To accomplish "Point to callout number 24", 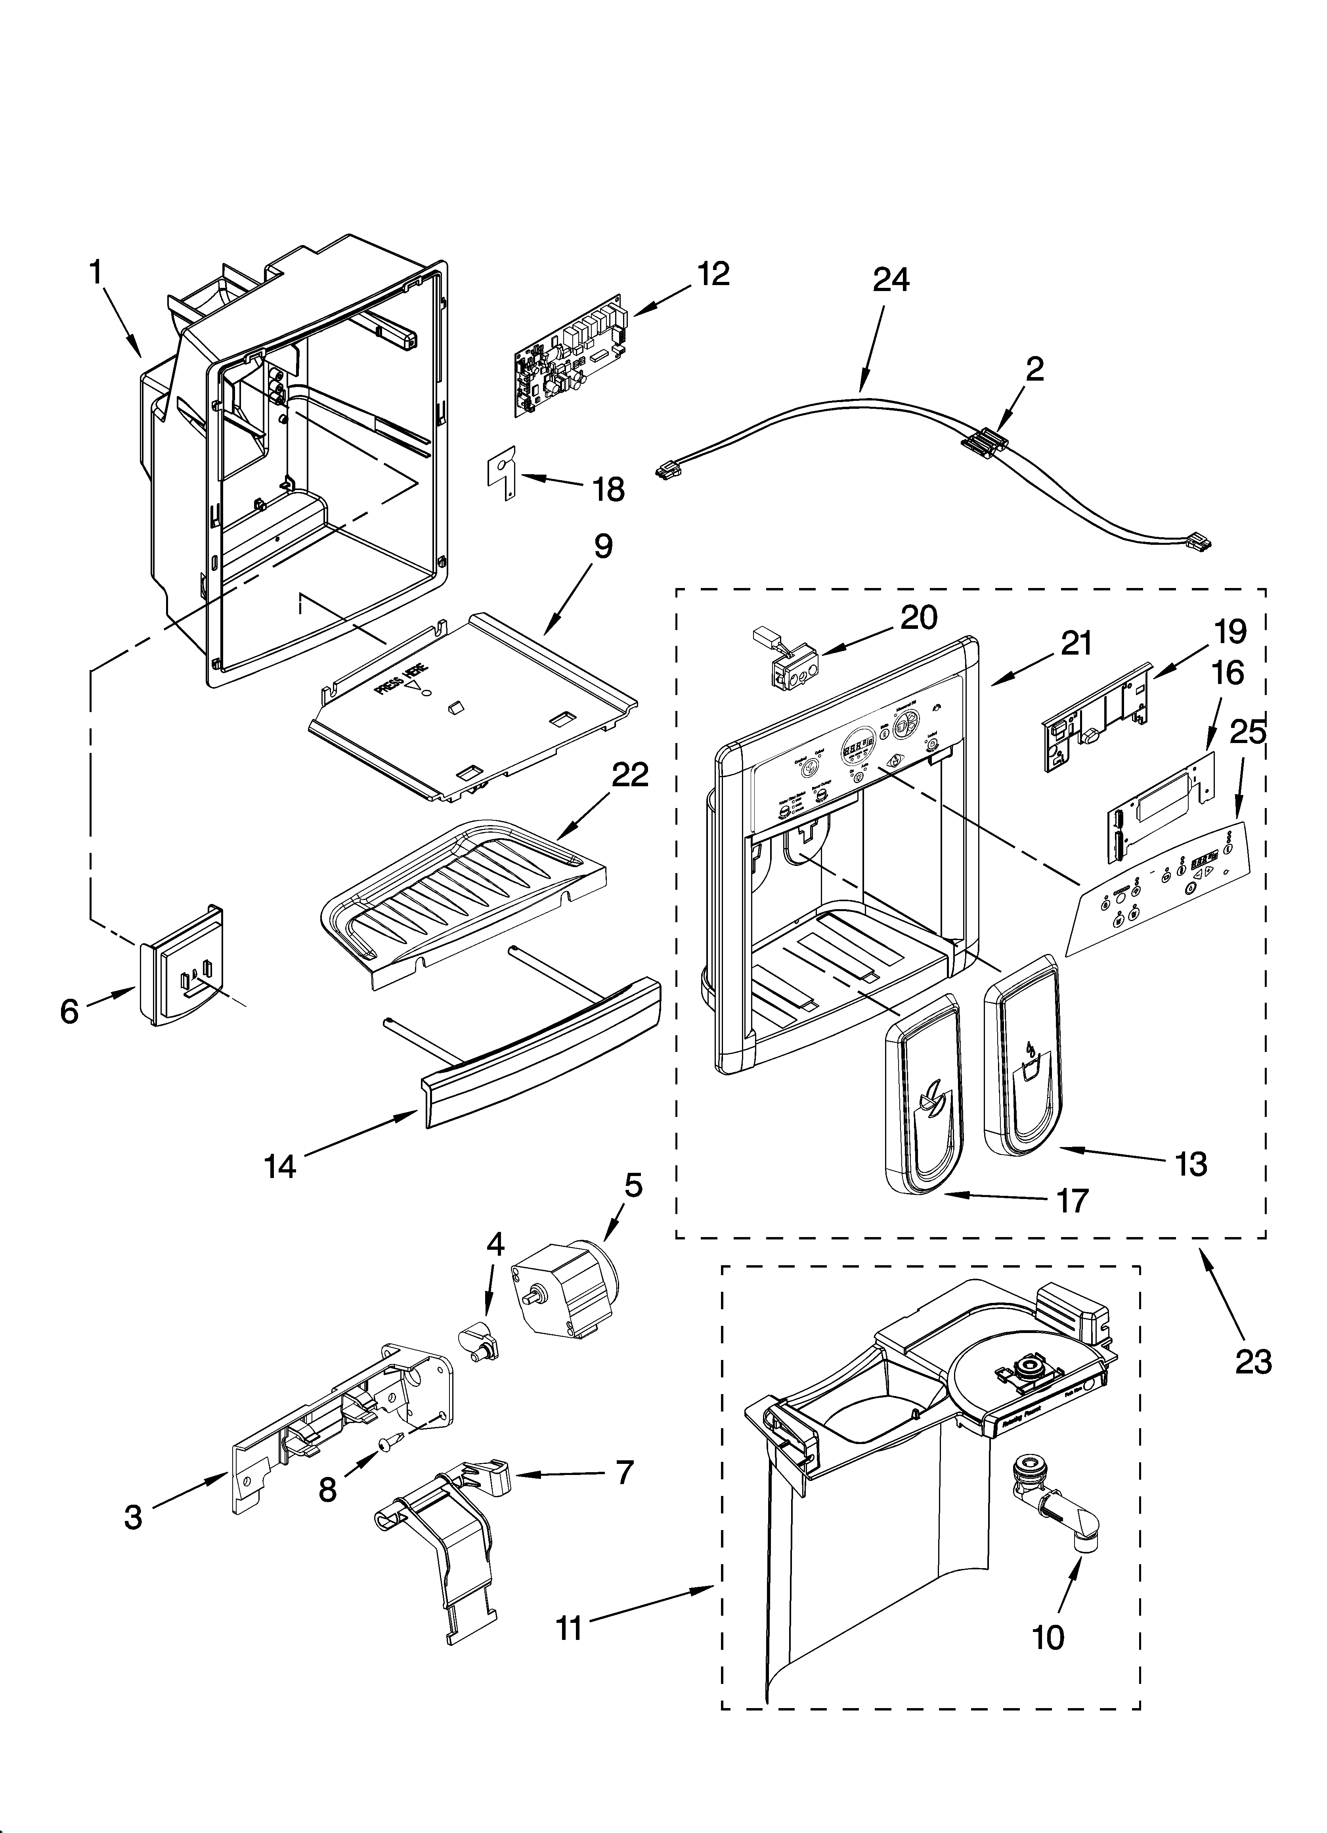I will [x=891, y=280].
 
